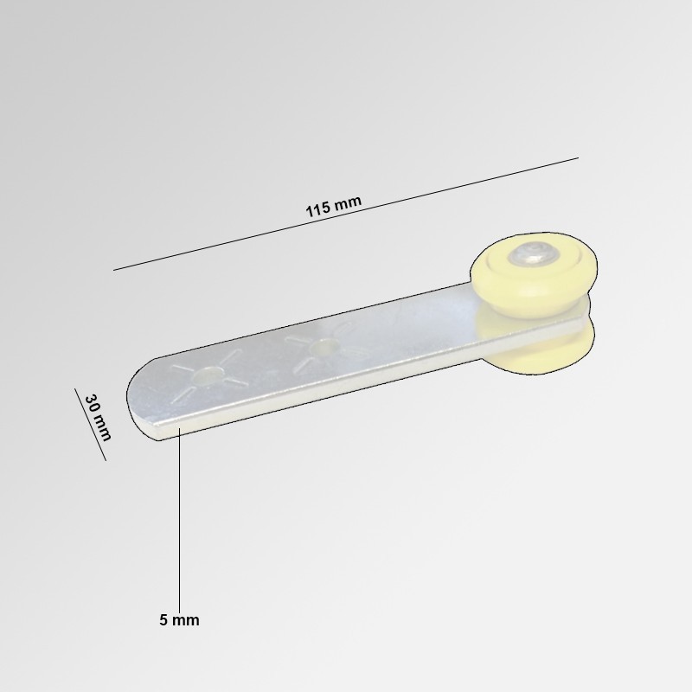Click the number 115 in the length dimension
[x=317, y=209]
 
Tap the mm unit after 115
[x=348, y=202]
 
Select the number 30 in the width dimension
[x=93, y=403]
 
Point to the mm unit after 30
[x=103, y=427]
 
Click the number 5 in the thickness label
[x=163, y=620]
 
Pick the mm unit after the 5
[x=185, y=620]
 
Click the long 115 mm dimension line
[x=346, y=214]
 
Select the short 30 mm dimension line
[x=91, y=424]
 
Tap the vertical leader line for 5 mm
[x=179, y=520]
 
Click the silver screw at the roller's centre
[x=534, y=253]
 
